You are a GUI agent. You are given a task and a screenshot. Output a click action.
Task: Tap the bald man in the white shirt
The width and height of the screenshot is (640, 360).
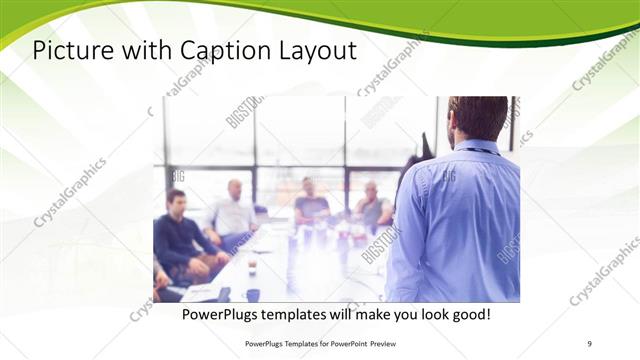point(233,211)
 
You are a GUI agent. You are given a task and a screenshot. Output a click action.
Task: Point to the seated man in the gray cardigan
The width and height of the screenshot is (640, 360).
point(373,206)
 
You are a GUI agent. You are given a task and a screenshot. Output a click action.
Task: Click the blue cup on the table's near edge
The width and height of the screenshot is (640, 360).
point(252,295)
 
